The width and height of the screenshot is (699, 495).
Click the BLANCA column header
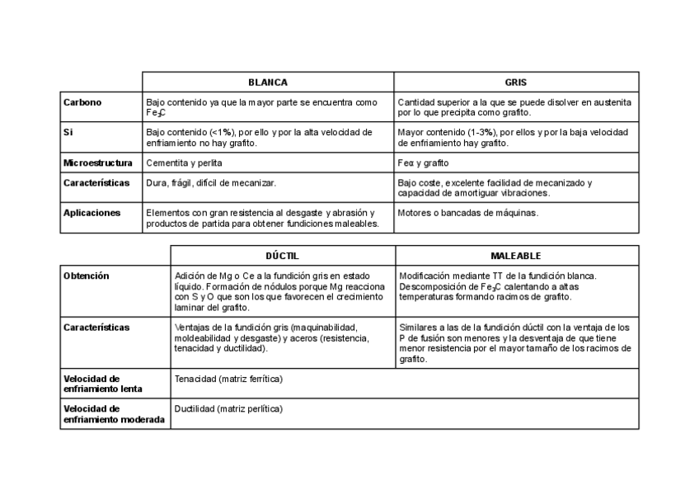coord(268,82)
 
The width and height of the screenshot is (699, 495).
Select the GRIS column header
coord(516,82)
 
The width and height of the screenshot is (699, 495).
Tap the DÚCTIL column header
coord(283,257)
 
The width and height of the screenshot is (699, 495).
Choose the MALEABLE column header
coord(516,257)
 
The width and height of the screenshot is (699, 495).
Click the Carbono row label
coord(82,102)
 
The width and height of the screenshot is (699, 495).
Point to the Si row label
coord(68,132)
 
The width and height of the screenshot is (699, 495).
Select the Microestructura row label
coord(97,163)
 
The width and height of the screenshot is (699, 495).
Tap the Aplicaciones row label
coord(91,212)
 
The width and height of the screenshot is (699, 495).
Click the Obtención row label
coord(86,276)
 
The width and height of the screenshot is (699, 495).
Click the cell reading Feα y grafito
coord(423,163)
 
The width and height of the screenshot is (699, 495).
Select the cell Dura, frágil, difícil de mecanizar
coord(211,182)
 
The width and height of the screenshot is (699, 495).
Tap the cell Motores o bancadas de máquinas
coord(467,212)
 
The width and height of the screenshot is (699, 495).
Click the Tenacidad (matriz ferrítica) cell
coord(228,379)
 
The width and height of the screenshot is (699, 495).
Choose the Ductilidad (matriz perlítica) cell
coord(228,408)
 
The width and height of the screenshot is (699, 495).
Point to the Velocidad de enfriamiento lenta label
coord(102,384)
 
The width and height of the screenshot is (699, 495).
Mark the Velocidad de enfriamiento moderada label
coord(113,414)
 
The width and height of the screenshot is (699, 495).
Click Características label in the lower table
coord(96,328)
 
